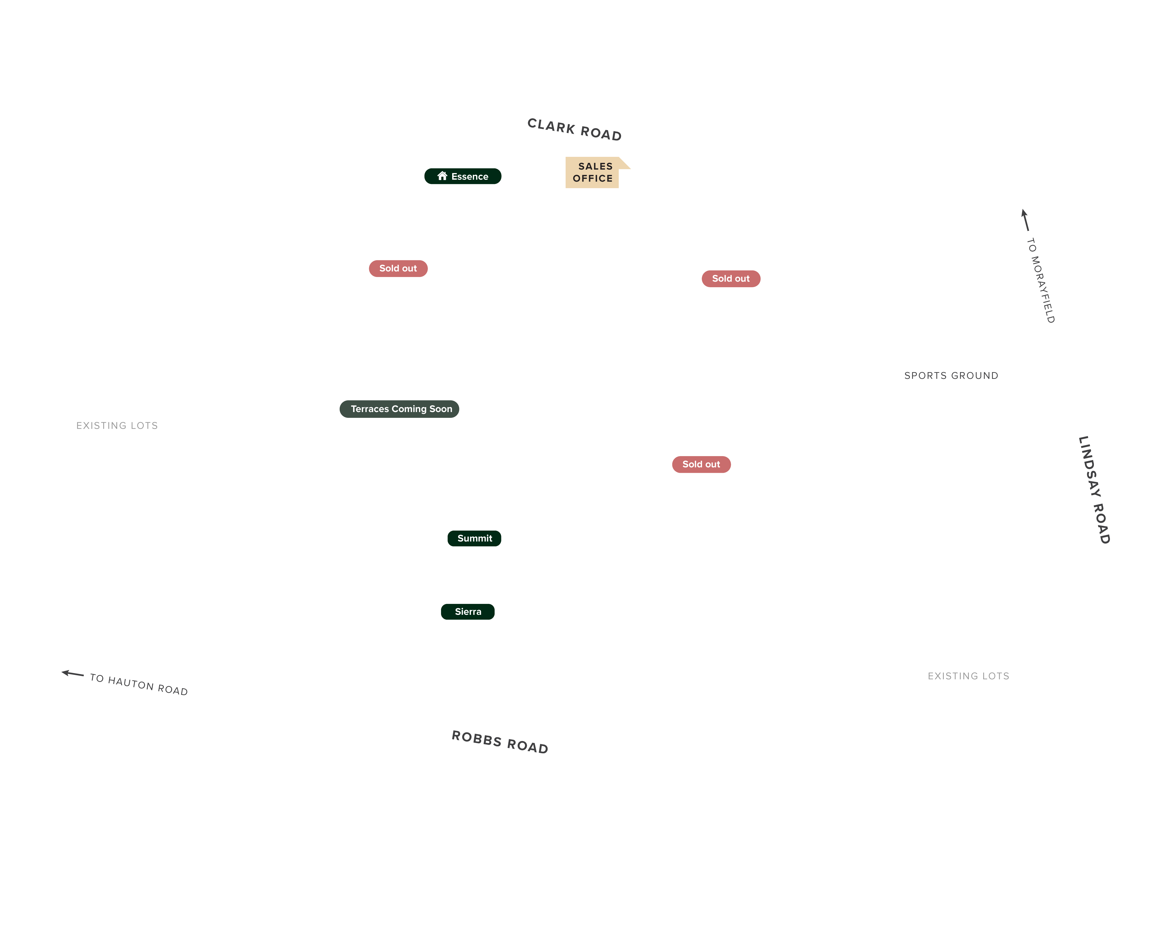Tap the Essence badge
pyautogui.click(x=463, y=176)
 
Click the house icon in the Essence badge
pyautogui.click(x=442, y=176)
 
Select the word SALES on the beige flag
pyautogui.click(x=595, y=166)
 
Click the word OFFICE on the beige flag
pyautogui.click(x=592, y=178)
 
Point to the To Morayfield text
pyautogui.click(x=1041, y=280)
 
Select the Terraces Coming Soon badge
pyautogui.click(x=399, y=409)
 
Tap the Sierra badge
pyautogui.click(x=467, y=612)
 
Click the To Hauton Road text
pyautogui.click(x=139, y=684)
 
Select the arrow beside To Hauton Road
pyautogui.click(x=73, y=673)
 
